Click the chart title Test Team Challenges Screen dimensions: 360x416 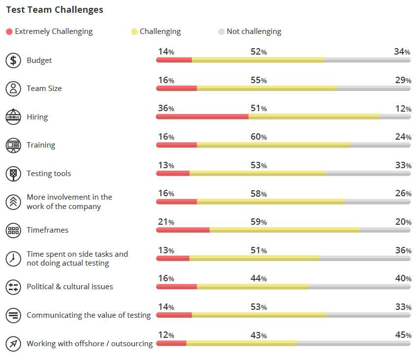coord(55,10)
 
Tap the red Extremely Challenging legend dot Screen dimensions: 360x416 coord(9,32)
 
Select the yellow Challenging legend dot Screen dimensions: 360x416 coord(134,32)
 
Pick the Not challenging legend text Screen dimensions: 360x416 coord(254,31)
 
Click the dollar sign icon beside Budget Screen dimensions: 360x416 coord(13,60)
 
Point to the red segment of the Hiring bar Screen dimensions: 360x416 coord(202,117)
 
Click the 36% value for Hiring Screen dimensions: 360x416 coord(166,108)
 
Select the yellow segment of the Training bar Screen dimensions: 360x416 coord(273,145)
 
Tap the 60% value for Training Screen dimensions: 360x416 coord(259,137)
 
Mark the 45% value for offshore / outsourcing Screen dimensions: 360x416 coord(403,335)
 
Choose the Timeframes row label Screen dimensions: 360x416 coord(47,230)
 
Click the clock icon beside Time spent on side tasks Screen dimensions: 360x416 coord(13,259)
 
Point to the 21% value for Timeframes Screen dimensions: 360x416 coord(166,222)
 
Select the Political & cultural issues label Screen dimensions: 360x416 coord(70,287)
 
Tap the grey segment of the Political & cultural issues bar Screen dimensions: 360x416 coord(359,287)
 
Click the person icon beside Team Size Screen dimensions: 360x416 coord(13,89)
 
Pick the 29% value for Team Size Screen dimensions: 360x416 coord(403,80)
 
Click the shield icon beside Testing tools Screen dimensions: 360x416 coord(13,174)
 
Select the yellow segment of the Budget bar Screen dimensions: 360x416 coord(258,60)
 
